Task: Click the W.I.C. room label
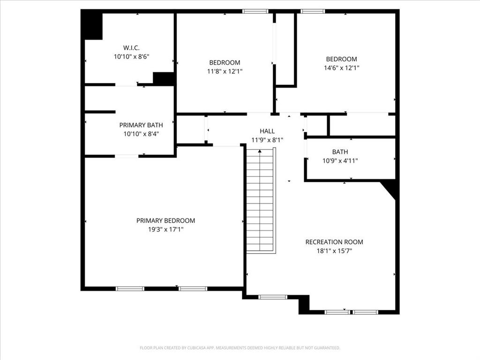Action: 131,47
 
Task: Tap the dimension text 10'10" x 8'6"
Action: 131,56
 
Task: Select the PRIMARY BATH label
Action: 141,125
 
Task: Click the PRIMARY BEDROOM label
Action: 165,220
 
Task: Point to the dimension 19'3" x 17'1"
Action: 165,230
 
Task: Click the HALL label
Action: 267,131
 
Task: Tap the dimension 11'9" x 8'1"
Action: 267,140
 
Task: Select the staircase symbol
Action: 260,200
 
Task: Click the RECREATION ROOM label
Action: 334,242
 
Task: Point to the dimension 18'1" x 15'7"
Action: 334,251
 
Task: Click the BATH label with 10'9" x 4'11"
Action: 340,152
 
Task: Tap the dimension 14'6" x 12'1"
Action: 341,67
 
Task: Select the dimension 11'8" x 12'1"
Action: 225,71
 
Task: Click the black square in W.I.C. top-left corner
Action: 93,25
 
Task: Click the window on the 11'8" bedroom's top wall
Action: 255,11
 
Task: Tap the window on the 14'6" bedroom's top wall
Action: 313,11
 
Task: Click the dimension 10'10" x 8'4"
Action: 141,134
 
